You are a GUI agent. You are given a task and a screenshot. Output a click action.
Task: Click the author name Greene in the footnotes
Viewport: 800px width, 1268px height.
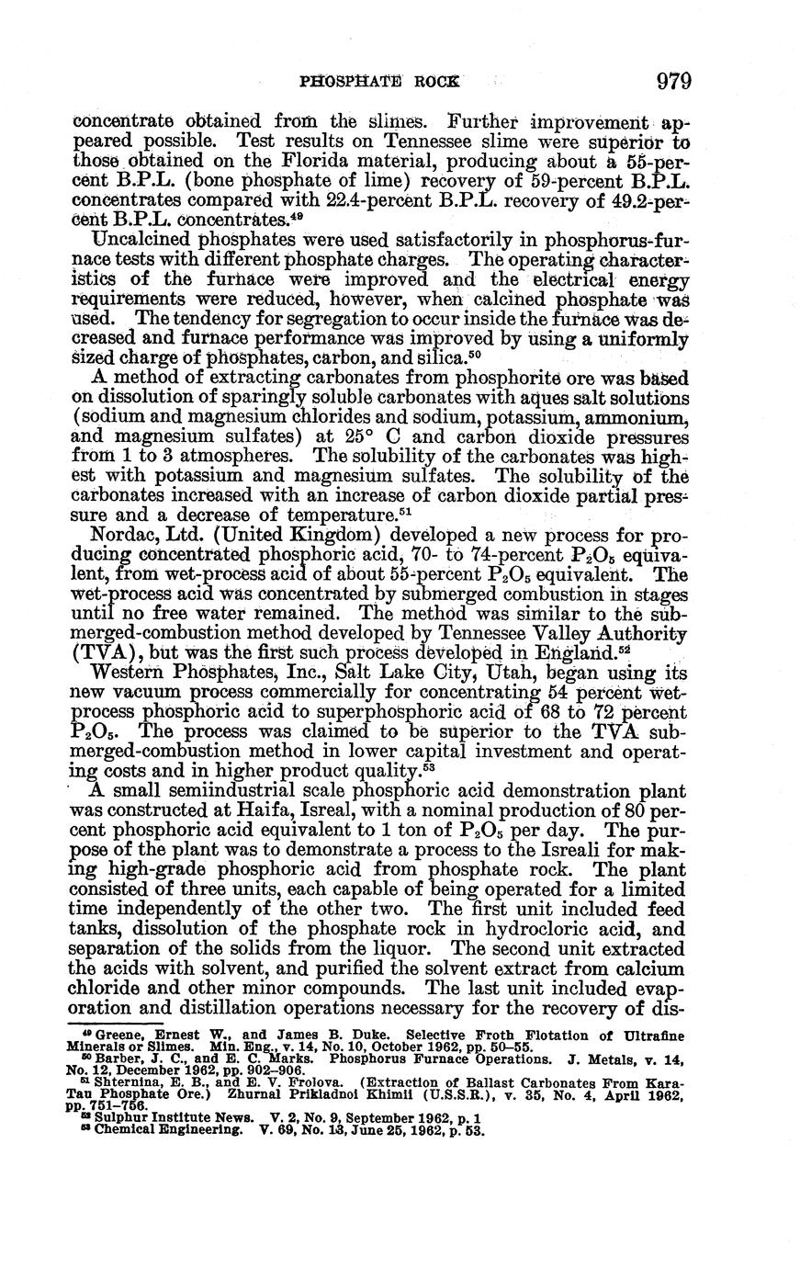(x=105, y=1036)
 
